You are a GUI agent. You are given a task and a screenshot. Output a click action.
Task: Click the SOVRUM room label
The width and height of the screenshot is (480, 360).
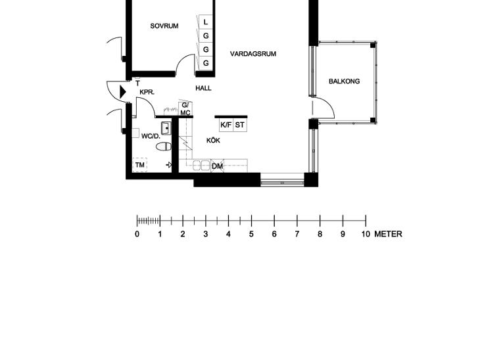click(164, 26)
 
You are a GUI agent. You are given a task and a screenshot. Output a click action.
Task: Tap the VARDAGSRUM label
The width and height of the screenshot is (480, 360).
click(253, 54)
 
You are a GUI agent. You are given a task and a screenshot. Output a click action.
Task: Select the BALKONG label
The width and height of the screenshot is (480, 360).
click(344, 81)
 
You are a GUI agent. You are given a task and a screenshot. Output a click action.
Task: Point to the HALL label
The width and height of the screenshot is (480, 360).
click(203, 89)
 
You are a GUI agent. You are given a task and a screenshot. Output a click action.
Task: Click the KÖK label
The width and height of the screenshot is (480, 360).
click(213, 141)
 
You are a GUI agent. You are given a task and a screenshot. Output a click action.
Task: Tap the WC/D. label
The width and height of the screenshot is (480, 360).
click(151, 137)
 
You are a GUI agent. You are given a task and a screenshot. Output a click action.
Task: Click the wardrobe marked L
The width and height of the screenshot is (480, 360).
click(206, 22)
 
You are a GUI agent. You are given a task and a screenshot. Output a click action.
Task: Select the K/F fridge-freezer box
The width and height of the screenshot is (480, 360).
click(226, 125)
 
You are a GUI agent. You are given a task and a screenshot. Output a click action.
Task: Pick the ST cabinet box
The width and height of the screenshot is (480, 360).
click(240, 125)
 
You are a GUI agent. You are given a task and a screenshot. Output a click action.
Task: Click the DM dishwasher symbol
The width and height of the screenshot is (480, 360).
click(218, 166)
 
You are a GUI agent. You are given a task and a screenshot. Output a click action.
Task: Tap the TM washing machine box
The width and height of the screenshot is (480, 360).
click(139, 165)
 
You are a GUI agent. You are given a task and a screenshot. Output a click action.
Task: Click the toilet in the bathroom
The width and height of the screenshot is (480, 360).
click(164, 146)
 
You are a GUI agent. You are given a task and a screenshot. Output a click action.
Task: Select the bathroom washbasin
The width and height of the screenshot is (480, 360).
click(166, 128)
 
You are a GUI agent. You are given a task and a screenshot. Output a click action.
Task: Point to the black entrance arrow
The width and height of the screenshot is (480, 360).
click(123, 92)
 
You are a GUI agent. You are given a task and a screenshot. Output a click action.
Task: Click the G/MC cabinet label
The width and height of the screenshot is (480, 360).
click(185, 109)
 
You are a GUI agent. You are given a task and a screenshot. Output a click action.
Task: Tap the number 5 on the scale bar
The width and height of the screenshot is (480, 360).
click(251, 234)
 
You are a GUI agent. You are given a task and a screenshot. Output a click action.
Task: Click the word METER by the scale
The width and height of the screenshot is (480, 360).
click(388, 234)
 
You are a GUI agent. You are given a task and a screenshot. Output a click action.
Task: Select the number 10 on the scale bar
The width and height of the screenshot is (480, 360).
click(366, 234)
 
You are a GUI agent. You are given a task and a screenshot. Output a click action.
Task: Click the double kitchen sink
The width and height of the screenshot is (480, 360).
click(201, 166)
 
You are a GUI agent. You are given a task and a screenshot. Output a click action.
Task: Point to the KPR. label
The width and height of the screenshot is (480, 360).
click(147, 92)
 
